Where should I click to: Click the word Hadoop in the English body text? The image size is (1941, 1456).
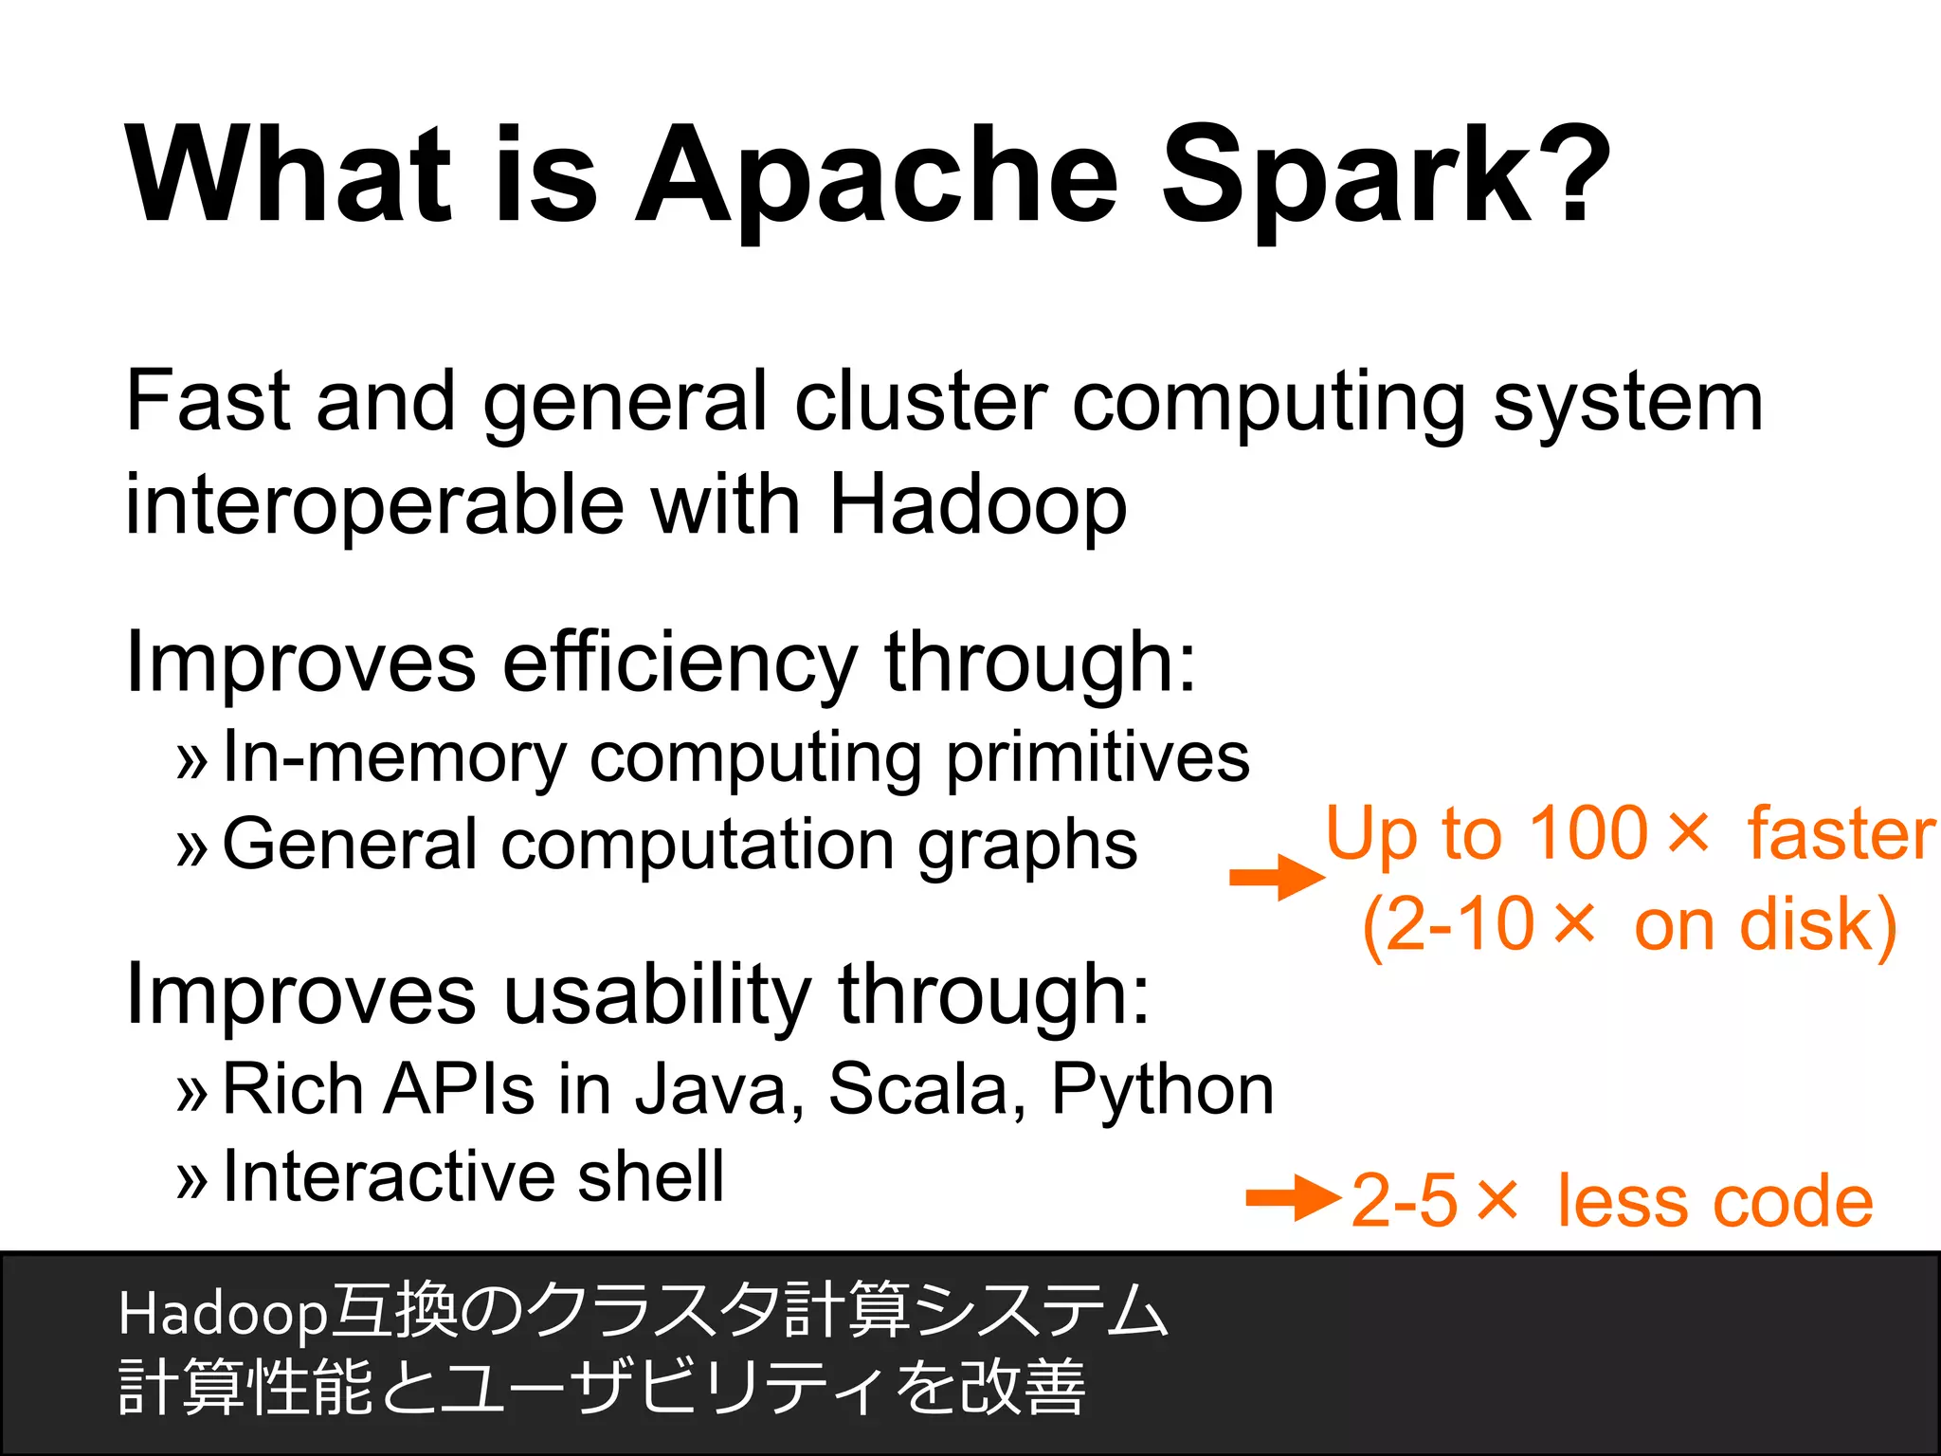click(977, 504)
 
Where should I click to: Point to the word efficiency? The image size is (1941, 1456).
click(680, 664)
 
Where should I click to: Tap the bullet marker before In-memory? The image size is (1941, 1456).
click(191, 761)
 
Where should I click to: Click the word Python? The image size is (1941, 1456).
click(1162, 1090)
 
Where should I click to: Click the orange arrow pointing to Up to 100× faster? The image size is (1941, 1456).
click(1276, 878)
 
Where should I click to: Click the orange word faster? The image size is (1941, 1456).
click(1841, 834)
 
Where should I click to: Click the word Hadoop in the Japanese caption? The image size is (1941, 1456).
click(223, 1314)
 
